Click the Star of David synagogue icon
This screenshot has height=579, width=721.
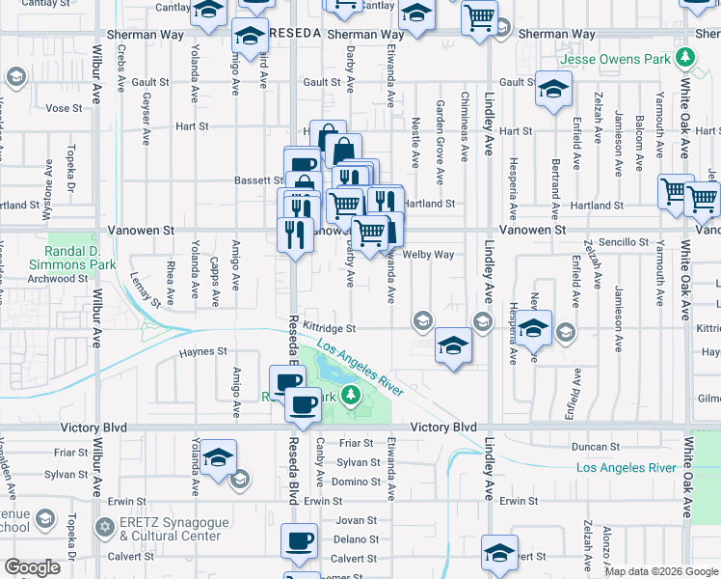pos(104,528)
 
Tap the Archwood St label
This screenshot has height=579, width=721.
pos(60,279)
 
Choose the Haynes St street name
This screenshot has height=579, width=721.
pos(202,352)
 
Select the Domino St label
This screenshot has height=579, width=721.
pos(356,482)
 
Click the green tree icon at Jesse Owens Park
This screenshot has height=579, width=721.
pos(685,58)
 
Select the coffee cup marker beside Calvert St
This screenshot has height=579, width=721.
pos(299,540)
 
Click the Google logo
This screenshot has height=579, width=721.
pos(33,568)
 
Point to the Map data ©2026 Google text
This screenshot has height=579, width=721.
pos(660,571)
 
